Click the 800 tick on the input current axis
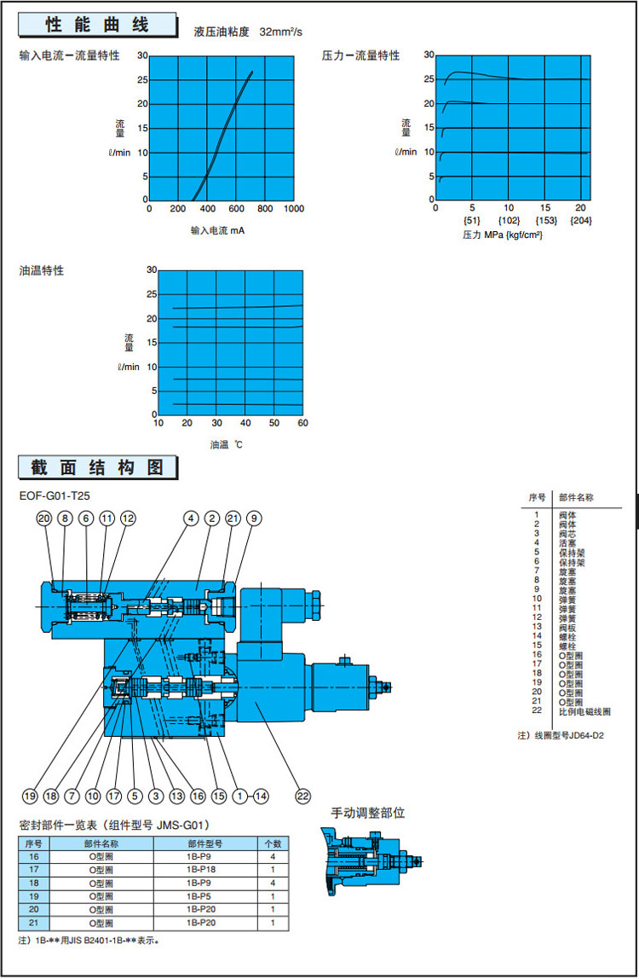pyautogui.click(x=265, y=209)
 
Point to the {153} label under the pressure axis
pyautogui.click(x=545, y=221)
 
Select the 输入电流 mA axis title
pyautogui.click(x=218, y=230)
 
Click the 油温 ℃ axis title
pyautogui.click(x=227, y=444)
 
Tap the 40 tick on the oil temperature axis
pyautogui.click(x=245, y=423)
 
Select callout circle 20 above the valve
pyautogui.click(x=43, y=518)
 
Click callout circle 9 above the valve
pyautogui.click(x=254, y=518)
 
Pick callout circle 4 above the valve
pyautogui.click(x=191, y=518)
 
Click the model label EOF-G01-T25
pyautogui.click(x=55, y=495)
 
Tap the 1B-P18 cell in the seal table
pyautogui.click(x=205, y=869)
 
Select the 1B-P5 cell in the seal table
pyautogui.click(x=205, y=896)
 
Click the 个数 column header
pyautogui.click(x=273, y=842)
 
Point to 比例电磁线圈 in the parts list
pyautogui.click(x=584, y=711)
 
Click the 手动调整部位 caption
pyautogui.click(x=367, y=813)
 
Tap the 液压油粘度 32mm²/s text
pyautogui.click(x=248, y=32)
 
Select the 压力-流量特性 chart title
pyautogui.click(x=360, y=55)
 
